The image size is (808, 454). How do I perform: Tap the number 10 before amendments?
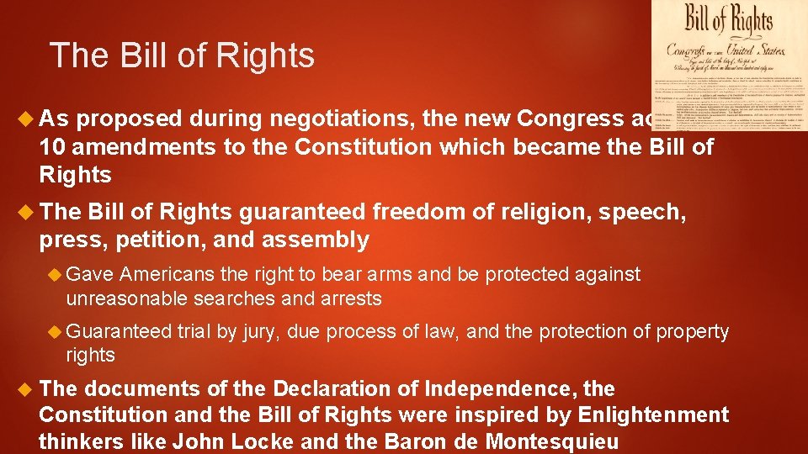50,148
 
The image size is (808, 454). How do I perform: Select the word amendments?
133,148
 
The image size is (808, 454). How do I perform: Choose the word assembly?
316,240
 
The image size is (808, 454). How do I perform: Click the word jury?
261,332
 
